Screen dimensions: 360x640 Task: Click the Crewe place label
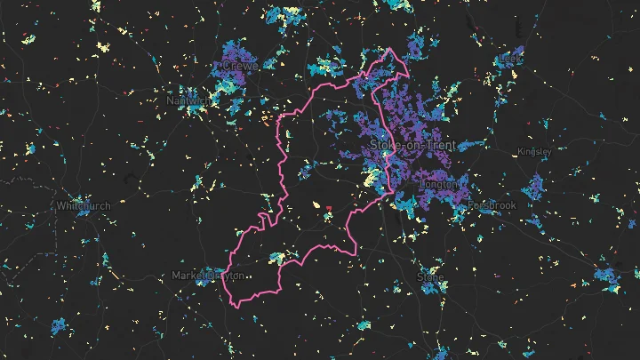(x=240, y=67)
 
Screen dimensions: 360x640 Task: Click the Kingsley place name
(x=534, y=151)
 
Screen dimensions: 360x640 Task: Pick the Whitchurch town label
(x=84, y=205)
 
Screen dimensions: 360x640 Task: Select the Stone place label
(x=430, y=277)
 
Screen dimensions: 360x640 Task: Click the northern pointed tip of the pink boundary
(x=389, y=49)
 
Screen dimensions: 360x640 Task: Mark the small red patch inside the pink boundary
(x=328, y=208)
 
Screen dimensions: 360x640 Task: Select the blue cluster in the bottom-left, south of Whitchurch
(x=59, y=326)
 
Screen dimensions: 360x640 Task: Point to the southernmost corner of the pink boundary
(x=237, y=308)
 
